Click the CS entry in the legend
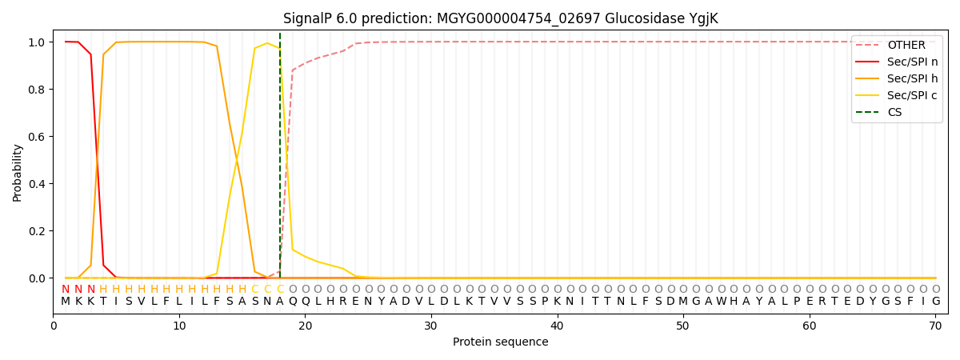coord(894,112)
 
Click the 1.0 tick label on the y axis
coord(37,42)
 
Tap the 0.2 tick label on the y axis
coord(37,231)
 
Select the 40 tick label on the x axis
coord(557,326)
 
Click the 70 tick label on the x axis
coord(935,326)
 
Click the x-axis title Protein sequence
coord(501,342)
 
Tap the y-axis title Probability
coord(18,172)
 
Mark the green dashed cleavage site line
coord(280,160)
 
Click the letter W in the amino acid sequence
coord(721,302)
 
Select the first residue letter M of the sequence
coord(66,302)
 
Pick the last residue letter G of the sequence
coord(936,302)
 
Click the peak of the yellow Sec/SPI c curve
coord(267,43)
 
